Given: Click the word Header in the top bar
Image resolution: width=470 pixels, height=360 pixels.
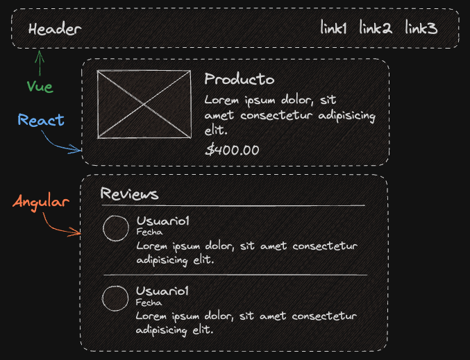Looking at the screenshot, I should point(55,29).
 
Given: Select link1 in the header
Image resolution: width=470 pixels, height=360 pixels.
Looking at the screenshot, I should point(334,28).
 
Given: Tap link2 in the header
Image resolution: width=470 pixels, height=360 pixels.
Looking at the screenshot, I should point(376,28).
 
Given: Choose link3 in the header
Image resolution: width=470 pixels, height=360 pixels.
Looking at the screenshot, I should point(421,28).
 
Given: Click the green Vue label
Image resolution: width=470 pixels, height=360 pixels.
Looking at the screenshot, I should point(40,87).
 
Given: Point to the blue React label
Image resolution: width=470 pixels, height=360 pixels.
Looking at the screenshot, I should point(41,120).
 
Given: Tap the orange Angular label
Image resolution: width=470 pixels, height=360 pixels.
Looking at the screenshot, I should point(42,203).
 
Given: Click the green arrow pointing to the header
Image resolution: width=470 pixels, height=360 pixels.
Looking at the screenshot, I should point(40,63).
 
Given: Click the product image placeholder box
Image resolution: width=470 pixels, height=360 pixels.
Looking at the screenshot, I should point(144,104).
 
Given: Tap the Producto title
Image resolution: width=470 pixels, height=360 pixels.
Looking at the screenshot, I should point(240,80).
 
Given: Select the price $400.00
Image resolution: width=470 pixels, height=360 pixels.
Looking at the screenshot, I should point(233,149).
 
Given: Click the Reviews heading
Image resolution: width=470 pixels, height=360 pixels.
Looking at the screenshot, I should point(129,194).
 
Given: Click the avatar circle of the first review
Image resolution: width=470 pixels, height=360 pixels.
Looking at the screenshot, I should point(115,228).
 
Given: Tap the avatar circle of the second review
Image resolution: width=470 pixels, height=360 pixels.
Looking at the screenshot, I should point(115,298).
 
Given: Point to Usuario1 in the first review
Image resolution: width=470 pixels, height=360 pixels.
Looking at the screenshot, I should point(163,221).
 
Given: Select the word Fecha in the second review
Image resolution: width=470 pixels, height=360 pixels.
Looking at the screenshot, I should point(149,302).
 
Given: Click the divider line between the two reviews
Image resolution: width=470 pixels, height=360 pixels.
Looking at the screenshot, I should point(235,275).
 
